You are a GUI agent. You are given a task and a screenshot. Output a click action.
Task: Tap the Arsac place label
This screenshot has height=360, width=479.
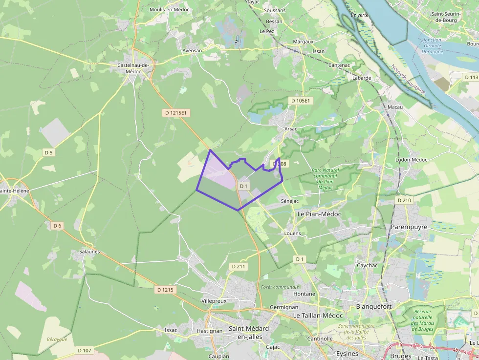click(290, 128)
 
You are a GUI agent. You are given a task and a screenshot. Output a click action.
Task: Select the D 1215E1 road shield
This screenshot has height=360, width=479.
click(176, 113)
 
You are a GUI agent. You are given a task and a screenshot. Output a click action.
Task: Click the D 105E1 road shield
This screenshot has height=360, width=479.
click(300, 101)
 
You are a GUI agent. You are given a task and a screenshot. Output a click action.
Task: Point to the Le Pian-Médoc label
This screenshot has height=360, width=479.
click(319, 214)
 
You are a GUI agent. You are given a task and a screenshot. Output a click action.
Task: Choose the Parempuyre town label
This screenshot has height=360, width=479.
click(409, 227)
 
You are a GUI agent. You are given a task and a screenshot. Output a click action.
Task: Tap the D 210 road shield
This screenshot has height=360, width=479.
click(404, 200)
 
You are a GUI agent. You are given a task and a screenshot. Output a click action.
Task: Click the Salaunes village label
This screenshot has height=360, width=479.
click(89, 252)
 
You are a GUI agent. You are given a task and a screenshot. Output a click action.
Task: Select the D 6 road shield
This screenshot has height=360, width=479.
click(58, 226)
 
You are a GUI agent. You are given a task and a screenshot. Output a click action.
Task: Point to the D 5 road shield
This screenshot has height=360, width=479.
click(48, 152)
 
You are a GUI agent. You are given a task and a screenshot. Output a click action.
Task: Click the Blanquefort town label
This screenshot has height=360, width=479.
click(374, 306)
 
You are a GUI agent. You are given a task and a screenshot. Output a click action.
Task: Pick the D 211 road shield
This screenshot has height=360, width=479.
click(239, 266)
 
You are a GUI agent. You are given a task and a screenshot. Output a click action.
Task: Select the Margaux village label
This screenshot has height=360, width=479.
click(303, 42)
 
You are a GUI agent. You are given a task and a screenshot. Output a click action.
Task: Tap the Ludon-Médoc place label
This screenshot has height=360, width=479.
click(412, 160)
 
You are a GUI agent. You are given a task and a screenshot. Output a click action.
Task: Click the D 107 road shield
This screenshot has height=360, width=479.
click(85, 350)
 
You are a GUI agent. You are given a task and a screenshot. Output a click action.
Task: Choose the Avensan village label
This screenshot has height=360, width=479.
click(192, 50)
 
